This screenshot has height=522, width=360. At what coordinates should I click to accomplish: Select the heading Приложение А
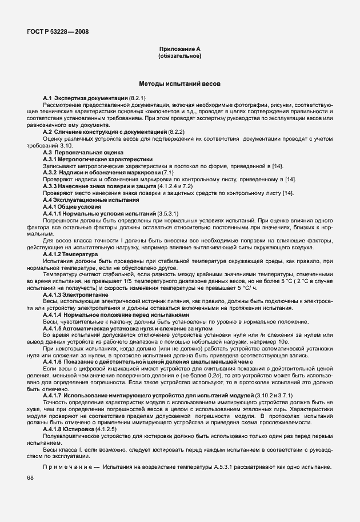[x=179, y=50]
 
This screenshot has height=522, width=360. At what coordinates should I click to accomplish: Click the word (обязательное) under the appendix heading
[x=179, y=56]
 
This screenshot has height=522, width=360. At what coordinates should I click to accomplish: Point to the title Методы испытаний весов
[x=179, y=84]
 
